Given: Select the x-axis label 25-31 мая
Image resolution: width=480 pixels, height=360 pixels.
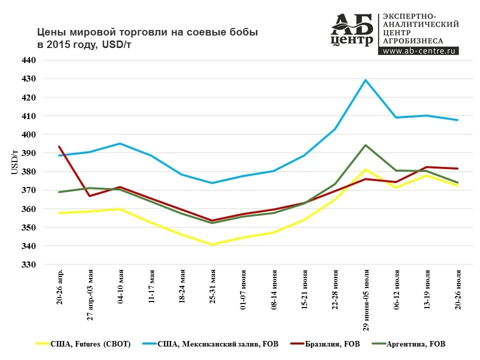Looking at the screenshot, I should pos(212,287).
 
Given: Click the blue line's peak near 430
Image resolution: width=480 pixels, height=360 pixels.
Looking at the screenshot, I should pos(365,80).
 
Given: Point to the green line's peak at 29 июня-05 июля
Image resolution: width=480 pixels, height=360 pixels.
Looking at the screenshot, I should pos(365,145).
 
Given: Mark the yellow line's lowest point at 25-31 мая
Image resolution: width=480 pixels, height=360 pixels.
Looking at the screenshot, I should pos(212,244).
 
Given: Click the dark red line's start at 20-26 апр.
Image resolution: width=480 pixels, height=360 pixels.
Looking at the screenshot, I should pos(59,146).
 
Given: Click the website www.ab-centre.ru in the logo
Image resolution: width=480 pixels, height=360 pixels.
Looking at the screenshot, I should pos(419,50).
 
